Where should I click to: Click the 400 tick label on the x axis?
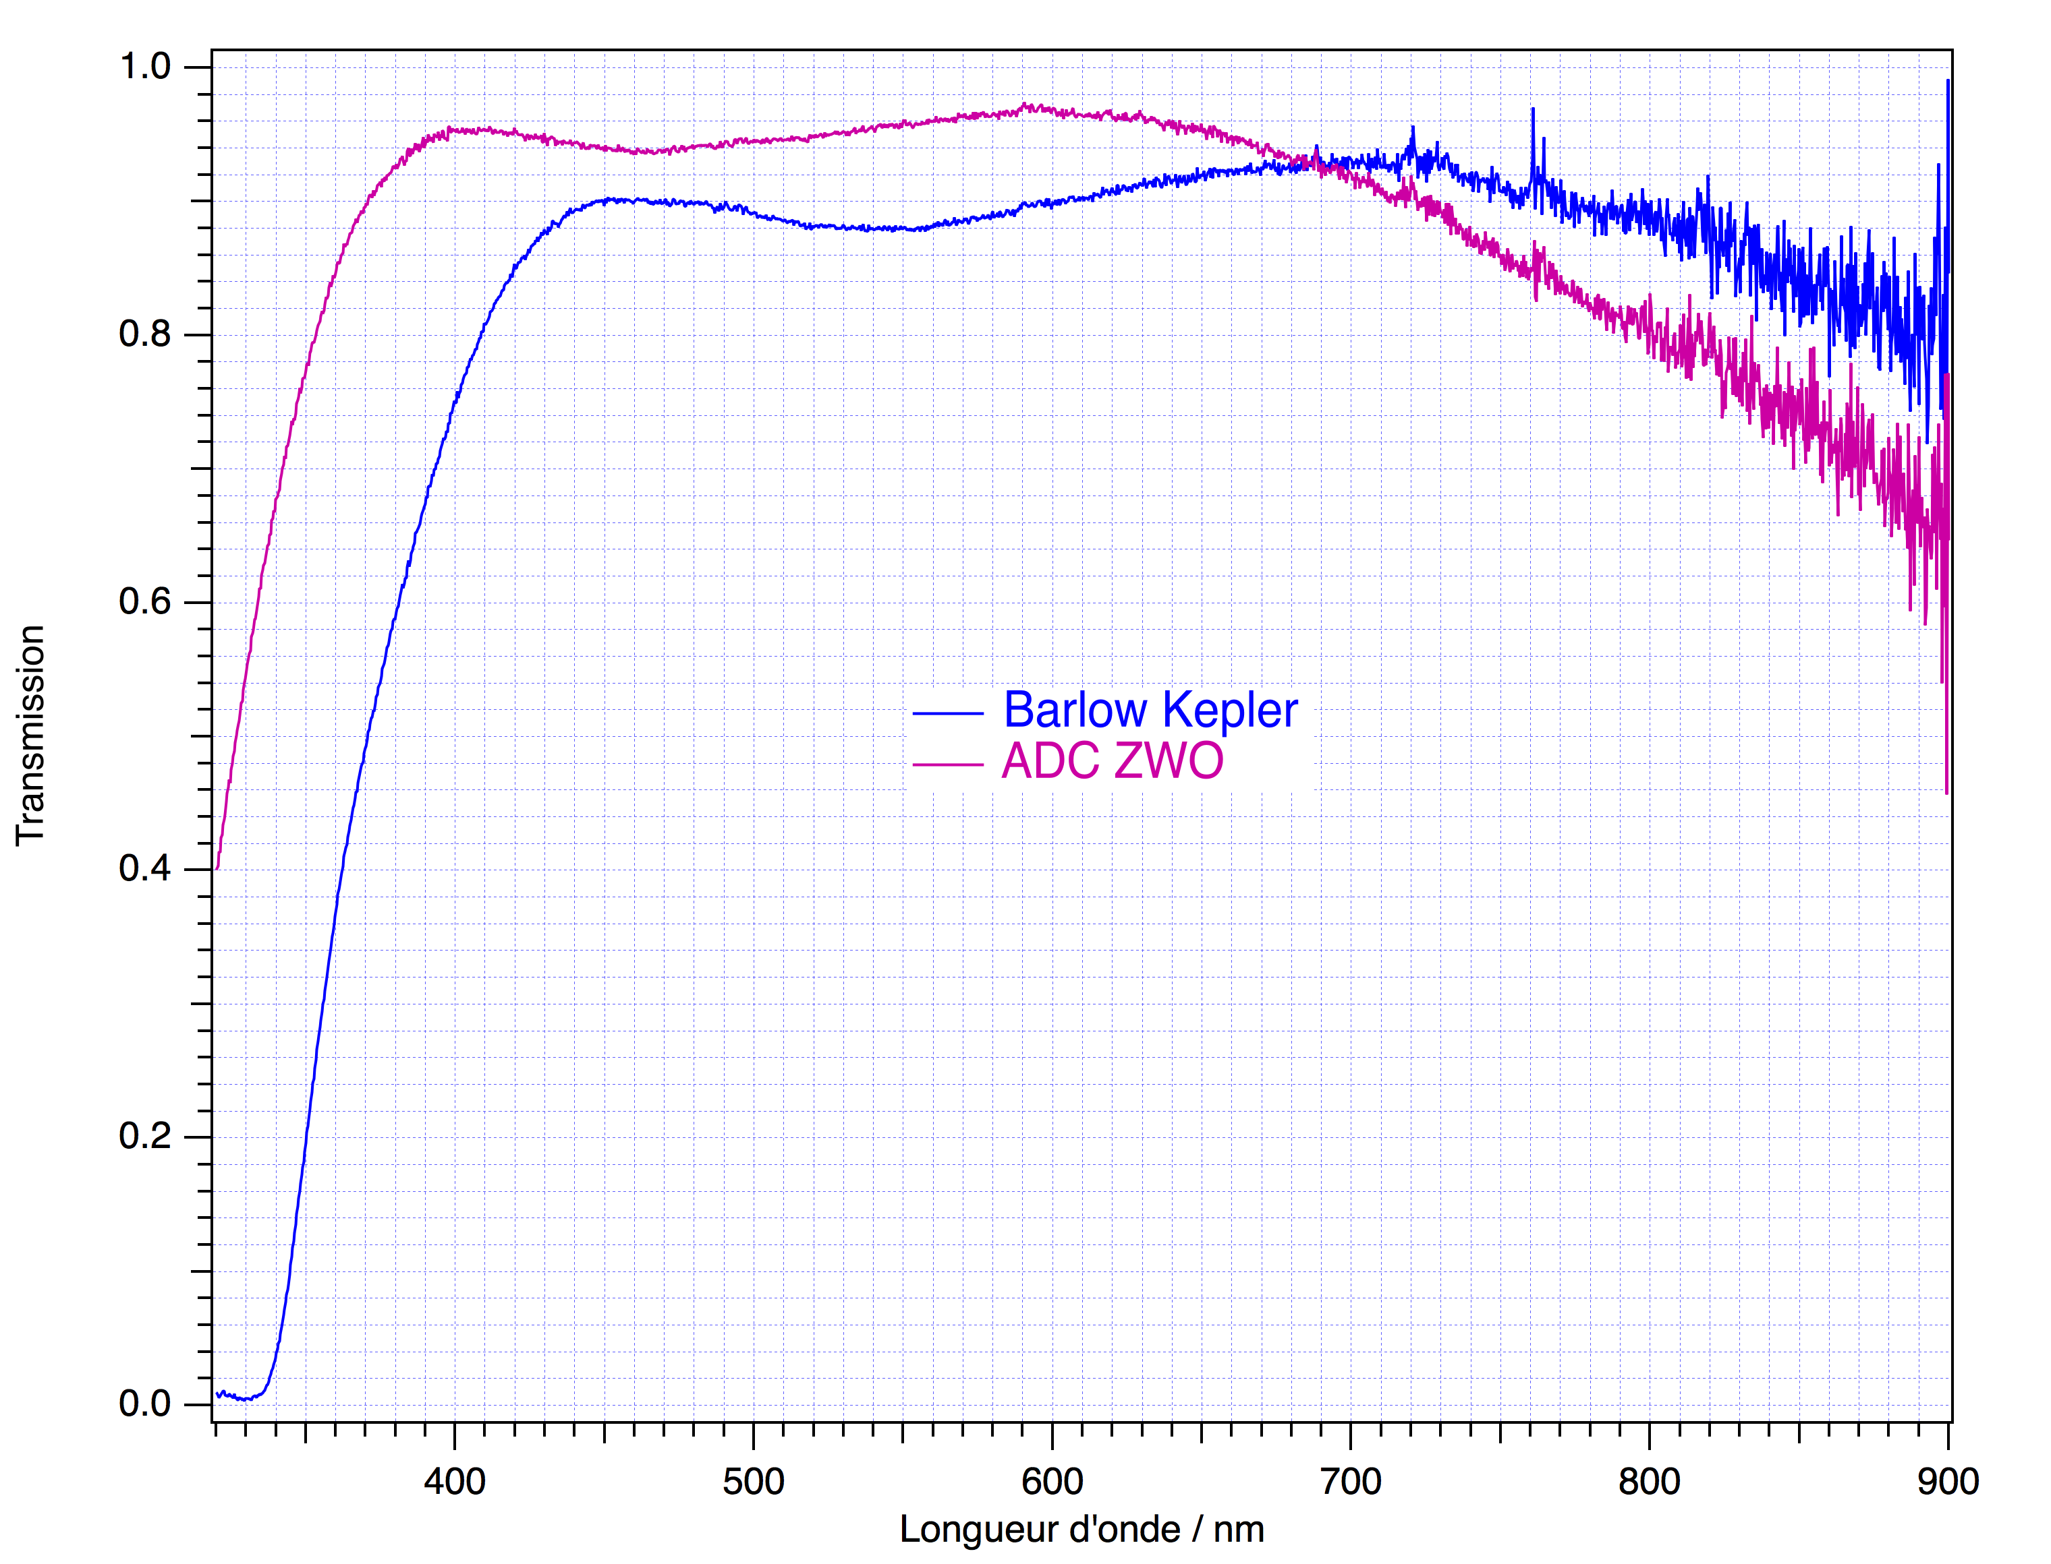455,1481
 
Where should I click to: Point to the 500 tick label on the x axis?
754,1481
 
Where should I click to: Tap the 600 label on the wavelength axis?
1052,1481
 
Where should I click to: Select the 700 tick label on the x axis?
1351,1481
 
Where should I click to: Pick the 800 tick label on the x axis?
1649,1481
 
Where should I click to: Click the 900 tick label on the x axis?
1948,1481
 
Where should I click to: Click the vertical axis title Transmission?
31,735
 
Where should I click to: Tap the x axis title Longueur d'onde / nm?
1081,1530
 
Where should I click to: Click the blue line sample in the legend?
948,713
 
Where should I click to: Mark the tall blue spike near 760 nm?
1532,117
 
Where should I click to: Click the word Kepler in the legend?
1231,712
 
